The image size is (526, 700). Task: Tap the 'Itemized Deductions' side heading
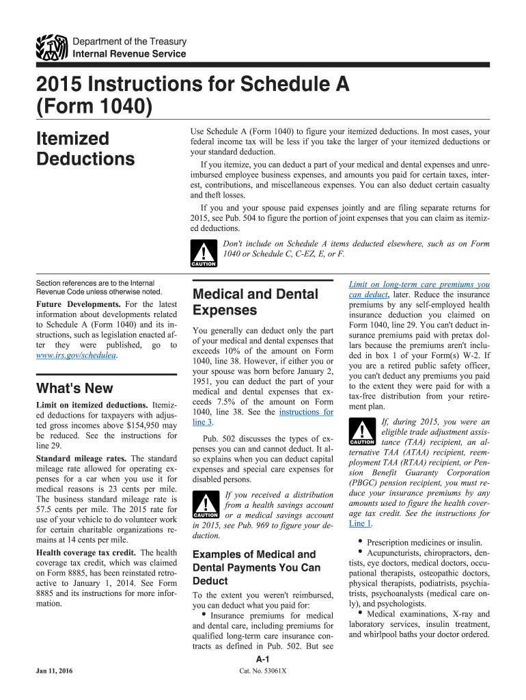point(85,148)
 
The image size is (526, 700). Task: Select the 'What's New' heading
point(74,388)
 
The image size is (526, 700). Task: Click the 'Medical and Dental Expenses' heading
point(255,302)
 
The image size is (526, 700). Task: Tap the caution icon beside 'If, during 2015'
point(361,431)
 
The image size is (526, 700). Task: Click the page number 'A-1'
point(262,659)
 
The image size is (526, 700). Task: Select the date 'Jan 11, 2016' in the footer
point(55,671)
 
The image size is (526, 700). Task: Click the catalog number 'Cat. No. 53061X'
point(262,671)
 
